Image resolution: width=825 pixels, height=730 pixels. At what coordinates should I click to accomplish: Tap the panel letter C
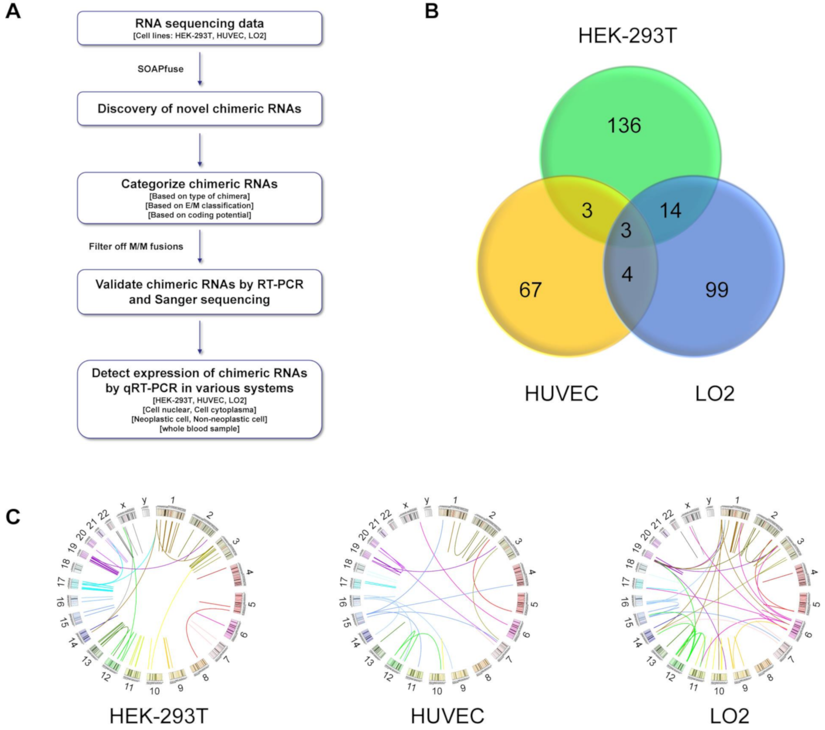(x=12, y=517)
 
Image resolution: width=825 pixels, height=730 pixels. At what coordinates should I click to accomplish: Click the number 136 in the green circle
(x=624, y=125)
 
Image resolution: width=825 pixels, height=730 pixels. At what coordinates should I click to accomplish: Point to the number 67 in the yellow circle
(x=530, y=290)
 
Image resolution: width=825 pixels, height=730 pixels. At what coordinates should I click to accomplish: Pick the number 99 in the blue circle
(x=716, y=290)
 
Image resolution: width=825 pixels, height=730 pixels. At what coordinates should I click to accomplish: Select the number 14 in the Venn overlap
(x=670, y=210)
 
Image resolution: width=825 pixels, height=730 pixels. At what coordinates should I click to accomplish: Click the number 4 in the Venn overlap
(x=627, y=274)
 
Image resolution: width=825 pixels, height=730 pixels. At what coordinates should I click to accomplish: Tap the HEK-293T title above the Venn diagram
(x=627, y=36)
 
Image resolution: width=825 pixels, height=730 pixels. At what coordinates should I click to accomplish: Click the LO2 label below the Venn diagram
(x=715, y=394)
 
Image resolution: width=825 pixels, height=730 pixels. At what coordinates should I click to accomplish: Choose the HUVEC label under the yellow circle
(x=561, y=394)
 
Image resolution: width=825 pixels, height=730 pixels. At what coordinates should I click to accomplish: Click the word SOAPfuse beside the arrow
(x=160, y=69)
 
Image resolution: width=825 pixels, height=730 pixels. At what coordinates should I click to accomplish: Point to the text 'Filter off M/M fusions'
(x=136, y=246)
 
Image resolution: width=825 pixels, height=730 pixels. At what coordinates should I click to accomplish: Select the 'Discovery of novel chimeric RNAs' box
(x=199, y=109)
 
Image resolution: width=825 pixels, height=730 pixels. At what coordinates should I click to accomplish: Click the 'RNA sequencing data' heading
(x=199, y=23)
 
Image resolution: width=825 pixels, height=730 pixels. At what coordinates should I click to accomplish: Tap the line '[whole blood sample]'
(x=199, y=429)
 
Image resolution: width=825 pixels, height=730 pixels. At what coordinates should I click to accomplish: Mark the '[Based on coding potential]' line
(x=199, y=215)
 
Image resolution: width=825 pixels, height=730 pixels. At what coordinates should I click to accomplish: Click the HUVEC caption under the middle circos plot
(x=447, y=716)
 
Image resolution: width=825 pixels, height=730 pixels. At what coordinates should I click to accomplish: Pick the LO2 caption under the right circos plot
(x=729, y=716)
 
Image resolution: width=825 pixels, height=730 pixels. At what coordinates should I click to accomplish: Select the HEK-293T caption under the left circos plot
(x=159, y=716)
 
